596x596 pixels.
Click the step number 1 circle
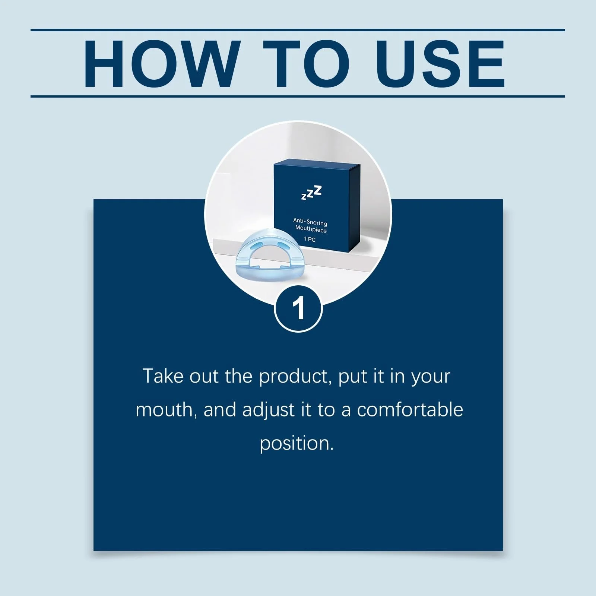click(298, 308)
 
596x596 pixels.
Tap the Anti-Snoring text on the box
click(310, 222)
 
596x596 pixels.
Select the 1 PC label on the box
click(310, 239)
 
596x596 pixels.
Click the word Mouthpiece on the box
click(311, 229)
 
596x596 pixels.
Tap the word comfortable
click(410, 410)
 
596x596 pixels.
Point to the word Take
click(163, 376)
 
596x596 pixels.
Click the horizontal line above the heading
click(298, 30)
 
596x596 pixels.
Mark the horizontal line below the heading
click(298, 96)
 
